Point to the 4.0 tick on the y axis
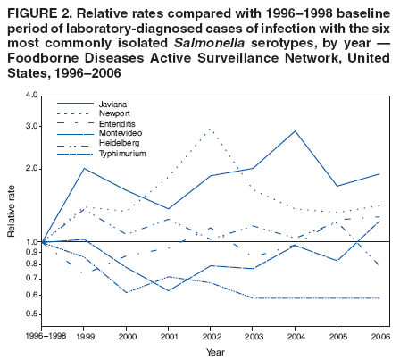click(31, 95)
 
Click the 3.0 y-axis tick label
click(31, 126)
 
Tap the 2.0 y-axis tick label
click(31, 168)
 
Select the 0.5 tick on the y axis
click(31, 314)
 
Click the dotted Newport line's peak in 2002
click(211, 129)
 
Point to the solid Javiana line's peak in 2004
click(296, 131)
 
